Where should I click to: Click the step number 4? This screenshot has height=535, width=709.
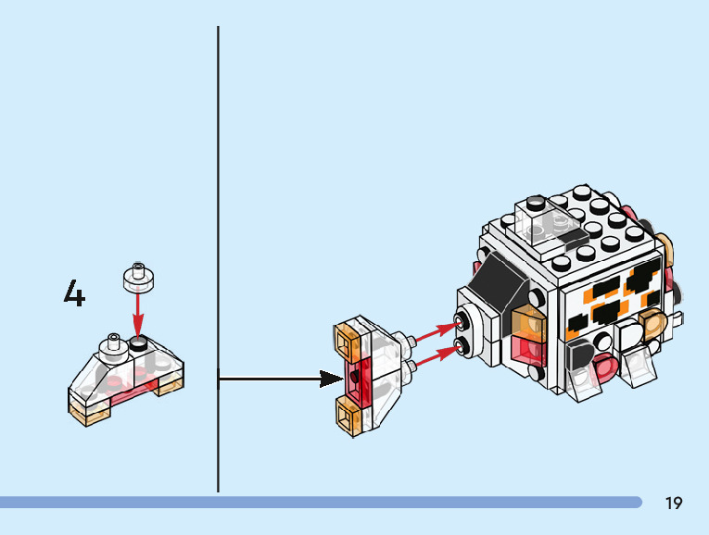pyautogui.click(x=74, y=293)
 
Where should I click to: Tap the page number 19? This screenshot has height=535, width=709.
pyautogui.click(x=674, y=504)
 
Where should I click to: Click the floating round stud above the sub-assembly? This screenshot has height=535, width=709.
pyautogui.click(x=137, y=276)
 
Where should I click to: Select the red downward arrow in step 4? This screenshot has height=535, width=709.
pyautogui.click(x=137, y=315)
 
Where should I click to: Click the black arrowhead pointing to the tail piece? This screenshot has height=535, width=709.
pyautogui.click(x=331, y=378)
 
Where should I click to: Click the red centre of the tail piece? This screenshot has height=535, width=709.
pyautogui.click(x=356, y=380)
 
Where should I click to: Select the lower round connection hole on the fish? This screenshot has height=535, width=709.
pyautogui.click(x=460, y=349)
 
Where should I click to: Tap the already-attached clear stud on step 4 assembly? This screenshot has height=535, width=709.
pyautogui.click(x=114, y=343)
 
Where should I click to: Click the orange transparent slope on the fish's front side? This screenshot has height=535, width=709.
pyautogui.click(x=525, y=323)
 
